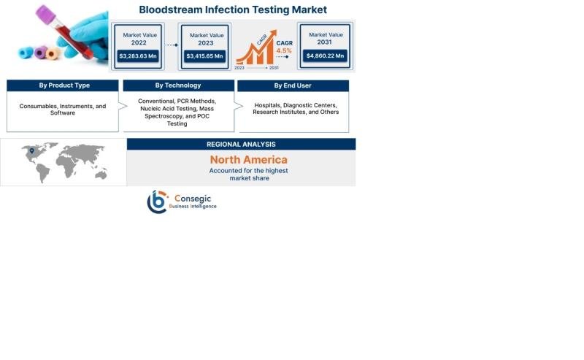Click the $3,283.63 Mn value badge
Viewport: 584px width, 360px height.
click(138, 56)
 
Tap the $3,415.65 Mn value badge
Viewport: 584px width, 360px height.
click(204, 56)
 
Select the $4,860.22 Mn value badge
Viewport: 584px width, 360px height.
click(325, 55)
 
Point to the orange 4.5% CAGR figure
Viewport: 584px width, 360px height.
click(284, 50)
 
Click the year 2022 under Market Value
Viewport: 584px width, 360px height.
click(139, 42)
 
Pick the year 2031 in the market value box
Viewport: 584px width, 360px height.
click(324, 42)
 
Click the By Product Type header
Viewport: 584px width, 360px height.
click(64, 85)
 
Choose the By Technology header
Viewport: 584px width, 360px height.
click(178, 85)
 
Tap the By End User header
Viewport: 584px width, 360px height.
click(293, 85)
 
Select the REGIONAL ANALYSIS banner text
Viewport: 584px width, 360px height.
click(241, 145)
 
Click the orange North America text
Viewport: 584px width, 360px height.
click(249, 159)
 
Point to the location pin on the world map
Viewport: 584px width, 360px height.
click(32, 151)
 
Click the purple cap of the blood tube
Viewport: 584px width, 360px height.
click(46, 15)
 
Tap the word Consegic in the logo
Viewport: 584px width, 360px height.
click(193, 199)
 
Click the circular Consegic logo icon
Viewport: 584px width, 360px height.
click(157, 202)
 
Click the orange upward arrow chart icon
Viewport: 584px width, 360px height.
click(257, 47)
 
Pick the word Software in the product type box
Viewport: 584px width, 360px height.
click(63, 112)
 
